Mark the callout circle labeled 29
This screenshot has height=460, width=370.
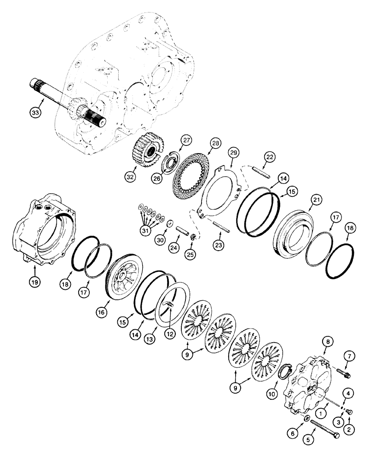pyautogui.click(x=234, y=151)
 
